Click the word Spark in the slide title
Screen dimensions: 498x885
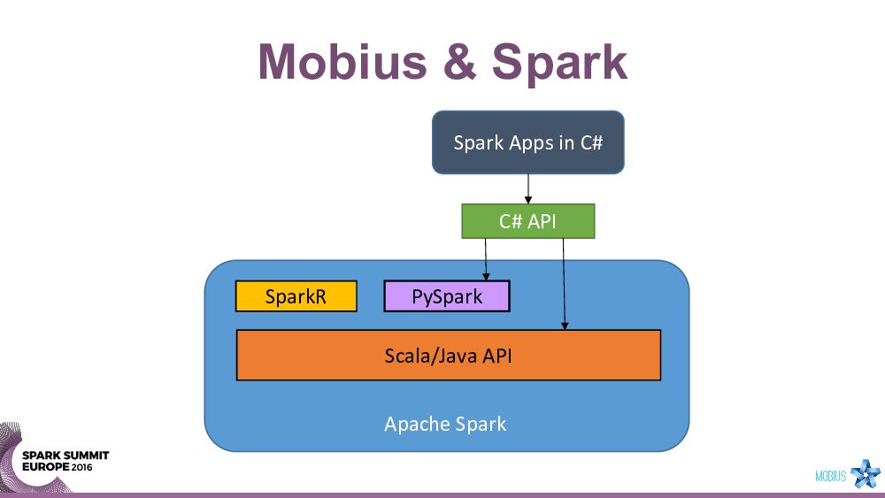[x=559, y=62]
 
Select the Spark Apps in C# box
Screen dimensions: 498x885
[x=527, y=142]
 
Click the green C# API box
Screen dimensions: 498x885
[x=527, y=221]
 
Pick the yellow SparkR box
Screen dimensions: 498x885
[x=296, y=296]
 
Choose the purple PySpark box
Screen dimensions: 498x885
[x=447, y=296]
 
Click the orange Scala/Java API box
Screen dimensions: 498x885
[x=448, y=356]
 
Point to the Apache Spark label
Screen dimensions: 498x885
[x=445, y=424]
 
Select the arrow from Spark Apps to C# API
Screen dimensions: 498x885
[x=528, y=188]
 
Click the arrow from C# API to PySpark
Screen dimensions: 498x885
[x=486, y=258]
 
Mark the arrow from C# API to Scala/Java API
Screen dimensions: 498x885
[x=565, y=283]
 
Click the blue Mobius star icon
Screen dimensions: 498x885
[x=865, y=474]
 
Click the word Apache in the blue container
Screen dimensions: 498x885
[x=416, y=424]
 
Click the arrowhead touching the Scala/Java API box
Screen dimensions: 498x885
[x=566, y=326]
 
